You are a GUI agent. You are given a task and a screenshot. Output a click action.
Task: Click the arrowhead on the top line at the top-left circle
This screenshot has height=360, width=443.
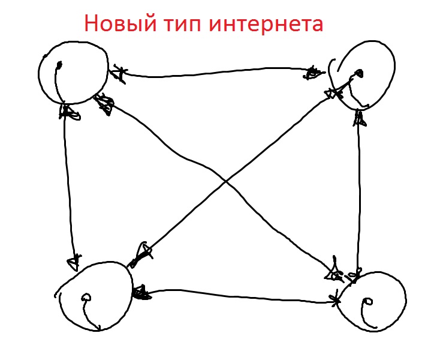click(119, 74)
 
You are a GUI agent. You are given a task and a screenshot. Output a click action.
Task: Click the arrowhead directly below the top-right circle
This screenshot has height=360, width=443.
click(359, 117)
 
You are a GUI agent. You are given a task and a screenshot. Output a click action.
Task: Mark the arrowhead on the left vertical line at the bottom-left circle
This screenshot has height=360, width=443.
click(74, 262)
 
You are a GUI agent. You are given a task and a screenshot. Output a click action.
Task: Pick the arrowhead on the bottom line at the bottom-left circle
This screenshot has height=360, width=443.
click(141, 293)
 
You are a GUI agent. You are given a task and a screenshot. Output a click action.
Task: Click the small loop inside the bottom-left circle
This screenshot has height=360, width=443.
click(86, 296)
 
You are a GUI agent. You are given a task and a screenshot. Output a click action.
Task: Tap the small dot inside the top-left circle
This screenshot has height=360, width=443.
click(58, 65)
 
